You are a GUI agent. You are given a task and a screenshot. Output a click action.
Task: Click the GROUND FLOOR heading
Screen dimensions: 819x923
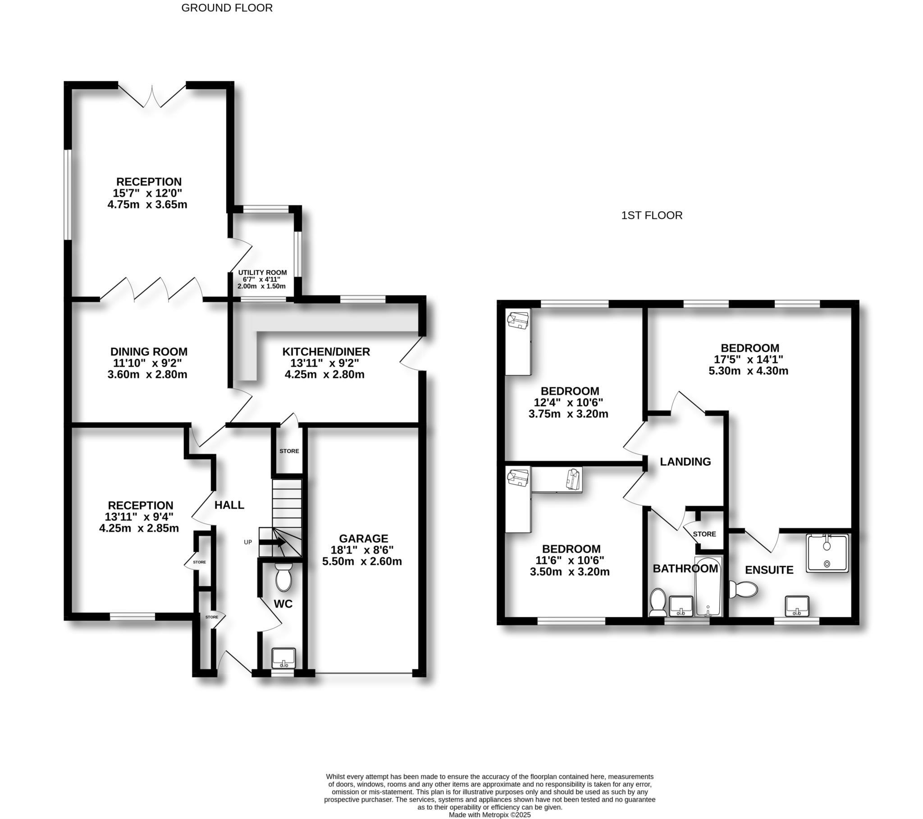227,8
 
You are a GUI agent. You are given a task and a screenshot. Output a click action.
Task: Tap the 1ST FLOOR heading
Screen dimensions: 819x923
652,215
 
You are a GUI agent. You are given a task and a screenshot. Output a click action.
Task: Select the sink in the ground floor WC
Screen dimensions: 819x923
283,658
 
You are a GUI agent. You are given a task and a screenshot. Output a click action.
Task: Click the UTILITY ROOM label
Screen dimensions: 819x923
262,273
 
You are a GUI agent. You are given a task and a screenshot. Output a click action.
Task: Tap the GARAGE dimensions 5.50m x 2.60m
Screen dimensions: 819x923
362,562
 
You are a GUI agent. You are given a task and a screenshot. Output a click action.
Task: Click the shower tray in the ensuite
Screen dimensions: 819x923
827,553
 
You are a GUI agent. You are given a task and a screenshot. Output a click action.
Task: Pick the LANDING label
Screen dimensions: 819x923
685,461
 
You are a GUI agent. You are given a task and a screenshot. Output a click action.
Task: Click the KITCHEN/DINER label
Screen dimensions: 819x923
326,352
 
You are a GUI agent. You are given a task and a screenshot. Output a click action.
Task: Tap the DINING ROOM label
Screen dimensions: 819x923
149,352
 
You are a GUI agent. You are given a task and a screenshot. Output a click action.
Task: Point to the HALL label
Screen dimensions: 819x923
229,505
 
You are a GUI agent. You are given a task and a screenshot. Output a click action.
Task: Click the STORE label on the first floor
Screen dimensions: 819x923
704,534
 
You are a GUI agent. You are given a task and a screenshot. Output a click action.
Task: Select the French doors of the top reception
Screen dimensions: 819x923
152,96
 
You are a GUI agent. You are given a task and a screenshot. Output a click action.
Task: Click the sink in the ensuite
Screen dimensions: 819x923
796,606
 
